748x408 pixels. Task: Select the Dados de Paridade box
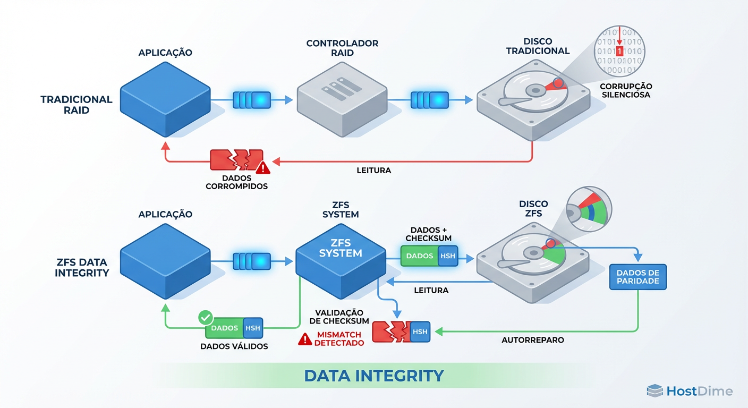tap(637, 276)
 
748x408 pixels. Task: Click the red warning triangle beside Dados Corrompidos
tap(262, 168)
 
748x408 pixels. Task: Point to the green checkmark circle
tap(205, 318)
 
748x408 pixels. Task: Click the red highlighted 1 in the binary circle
tap(619, 51)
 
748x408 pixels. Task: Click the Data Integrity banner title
tap(373, 376)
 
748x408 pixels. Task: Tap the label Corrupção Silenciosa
tap(626, 90)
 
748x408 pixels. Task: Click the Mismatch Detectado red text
tap(339, 339)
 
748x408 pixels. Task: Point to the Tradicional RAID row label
tap(76, 105)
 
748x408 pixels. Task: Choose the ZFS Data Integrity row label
tap(82, 267)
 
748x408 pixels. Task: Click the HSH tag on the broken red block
tap(420, 331)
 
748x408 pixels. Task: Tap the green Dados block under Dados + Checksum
tap(419, 256)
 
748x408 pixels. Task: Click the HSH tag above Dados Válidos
tap(252, 328)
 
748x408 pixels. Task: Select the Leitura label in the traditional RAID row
tap(373, 171)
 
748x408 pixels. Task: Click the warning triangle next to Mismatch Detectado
tap(305, 339)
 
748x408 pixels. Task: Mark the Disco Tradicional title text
tap(538, 46)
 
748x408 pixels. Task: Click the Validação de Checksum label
tap(339, 317)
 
